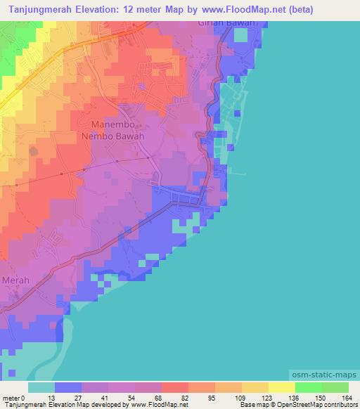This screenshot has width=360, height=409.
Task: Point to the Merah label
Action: [16, 280]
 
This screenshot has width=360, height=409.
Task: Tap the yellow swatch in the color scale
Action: [282, 387]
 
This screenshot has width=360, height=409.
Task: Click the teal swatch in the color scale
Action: [41, 387]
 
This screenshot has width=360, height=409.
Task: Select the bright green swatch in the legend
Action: [309, 387]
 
